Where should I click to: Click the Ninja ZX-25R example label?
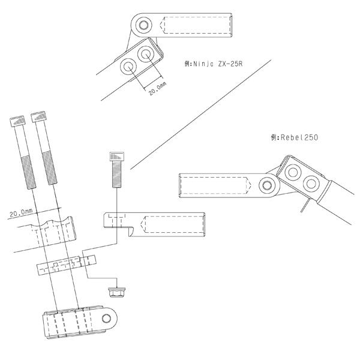(x=213, y=64)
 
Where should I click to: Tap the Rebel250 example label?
(x=295, y=137)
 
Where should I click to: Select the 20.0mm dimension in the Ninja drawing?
(x=157, y=89)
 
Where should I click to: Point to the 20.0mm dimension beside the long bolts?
(x=21, y=212)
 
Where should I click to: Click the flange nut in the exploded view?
(x=117, y=292)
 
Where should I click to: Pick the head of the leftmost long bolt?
(x=17, y=121)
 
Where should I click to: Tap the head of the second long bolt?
(x=39, y=116)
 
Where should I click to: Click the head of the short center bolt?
(x=117, y=157)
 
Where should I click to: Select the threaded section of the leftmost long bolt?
(x=28, y=172)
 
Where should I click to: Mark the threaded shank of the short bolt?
(x=117, y=174)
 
